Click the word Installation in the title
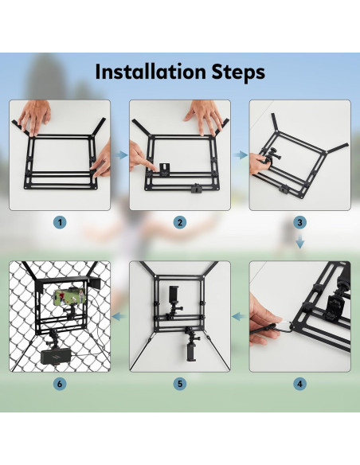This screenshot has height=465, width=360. coord(151,72)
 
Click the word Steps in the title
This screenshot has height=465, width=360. coord(238,73)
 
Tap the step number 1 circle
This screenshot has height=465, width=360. coord(60,222)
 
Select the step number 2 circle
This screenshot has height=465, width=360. coord(180,222)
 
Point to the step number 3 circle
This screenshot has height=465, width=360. coord(299,222)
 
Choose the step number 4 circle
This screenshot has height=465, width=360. coord(299,384)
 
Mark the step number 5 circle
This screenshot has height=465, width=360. coord(180,384)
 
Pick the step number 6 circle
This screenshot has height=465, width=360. coord(60,384)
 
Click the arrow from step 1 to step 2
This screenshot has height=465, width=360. coord(121,154)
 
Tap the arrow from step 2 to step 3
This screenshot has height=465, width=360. coord(241,154)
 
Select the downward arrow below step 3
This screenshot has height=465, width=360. coord(300,240)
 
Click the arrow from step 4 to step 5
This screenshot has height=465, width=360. coord(240,317)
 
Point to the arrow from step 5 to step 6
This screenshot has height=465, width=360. coord(119,317)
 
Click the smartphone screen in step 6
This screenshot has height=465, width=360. coord(69,298)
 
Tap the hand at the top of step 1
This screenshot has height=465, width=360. coord(34,117)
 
